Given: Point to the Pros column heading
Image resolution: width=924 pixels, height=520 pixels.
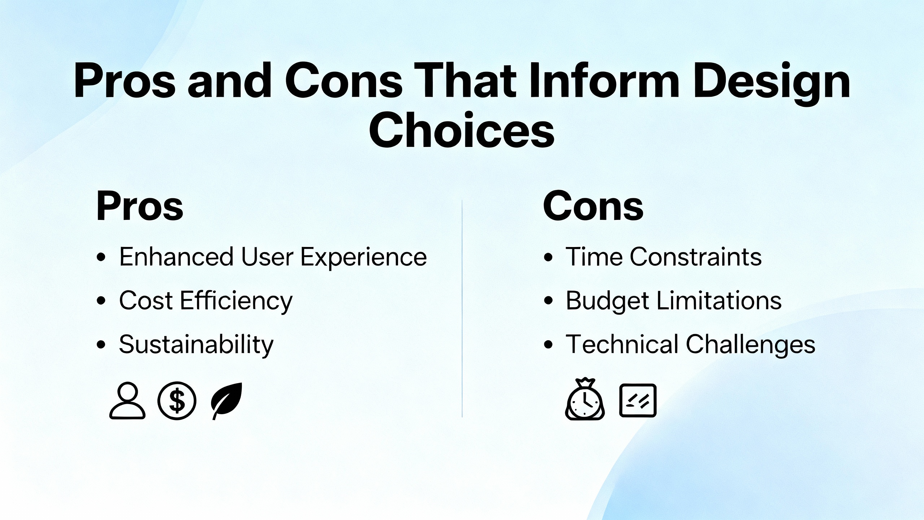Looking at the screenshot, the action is tap(140, 206).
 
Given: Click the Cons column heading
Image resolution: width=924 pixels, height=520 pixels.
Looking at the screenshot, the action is tap(593, 206).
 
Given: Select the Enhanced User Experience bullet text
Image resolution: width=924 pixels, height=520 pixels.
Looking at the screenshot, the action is tap(273, 257).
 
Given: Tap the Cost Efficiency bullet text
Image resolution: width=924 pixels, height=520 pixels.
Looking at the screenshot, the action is tap(206, 301).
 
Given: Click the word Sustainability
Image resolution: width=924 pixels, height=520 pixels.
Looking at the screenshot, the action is tap(196, 344).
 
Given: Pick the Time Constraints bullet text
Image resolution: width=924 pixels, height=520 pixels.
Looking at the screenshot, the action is tap(663, 257).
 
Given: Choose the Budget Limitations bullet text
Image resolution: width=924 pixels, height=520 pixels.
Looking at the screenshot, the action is tap(674, 301).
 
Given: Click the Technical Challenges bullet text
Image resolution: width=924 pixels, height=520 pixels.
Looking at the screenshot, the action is tap(690, 344).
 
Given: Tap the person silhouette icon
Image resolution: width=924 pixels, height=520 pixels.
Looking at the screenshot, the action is tap(127, 401).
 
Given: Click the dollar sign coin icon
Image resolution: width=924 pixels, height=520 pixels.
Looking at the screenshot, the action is tap(177, 400).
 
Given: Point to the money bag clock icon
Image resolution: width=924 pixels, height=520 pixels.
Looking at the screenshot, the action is tap(585, 399).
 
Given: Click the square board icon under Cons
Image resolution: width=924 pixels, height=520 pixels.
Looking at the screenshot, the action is tap(638, 400).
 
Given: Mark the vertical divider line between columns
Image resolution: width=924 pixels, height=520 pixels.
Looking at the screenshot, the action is tap(462, 308).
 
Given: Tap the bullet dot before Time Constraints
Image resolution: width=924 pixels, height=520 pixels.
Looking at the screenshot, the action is tap(548, 257).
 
